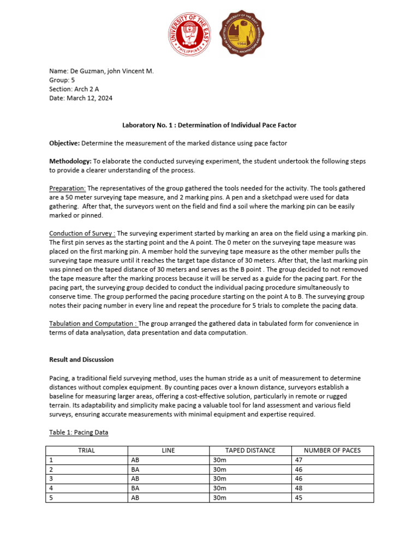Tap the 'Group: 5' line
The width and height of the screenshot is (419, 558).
[x=62, y=80]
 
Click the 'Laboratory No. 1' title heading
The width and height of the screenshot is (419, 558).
[x=209, y=125]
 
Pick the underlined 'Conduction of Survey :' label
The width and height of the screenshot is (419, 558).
[x=82, y=233]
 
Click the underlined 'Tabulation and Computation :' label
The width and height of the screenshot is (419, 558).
[x=94, y=324]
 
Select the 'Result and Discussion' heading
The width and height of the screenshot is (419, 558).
[x=81, y=360]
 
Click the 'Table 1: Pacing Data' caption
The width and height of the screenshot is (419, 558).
[x=79, y=432]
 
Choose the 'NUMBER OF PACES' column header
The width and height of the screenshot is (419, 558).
[x=332, y=450]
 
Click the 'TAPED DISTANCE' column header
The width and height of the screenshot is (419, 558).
[x=250, y=450]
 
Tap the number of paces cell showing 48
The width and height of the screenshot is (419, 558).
[x=298, y=488]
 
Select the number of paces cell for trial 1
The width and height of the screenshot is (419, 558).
[x=298, y=460]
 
